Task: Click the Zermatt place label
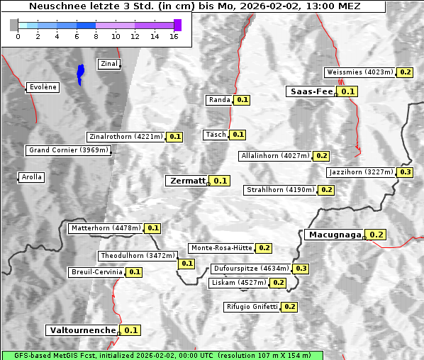pyautogui.click(x=187, y=181)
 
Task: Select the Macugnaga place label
pyautogui.click(x=334, y=235)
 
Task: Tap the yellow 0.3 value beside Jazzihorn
pyautogui.click(x=406, y=172)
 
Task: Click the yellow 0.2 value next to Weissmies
pyautogui.click(x=406, y=72)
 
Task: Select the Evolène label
pyautogui.click(x=43, y=87)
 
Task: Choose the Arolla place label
pyautogui.click(x=32, y=177)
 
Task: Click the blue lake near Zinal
pyautogui.click(x=80, y=72)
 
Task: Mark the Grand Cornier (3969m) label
pyautogui.click(x=69, y=150)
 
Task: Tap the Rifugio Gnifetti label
pyautogui.click(x=252, y=307)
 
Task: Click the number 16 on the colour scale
pyautogui.click(x=174, y=35)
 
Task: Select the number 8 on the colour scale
pyautogui.click(x=96, y=35)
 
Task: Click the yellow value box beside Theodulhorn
pyautogui.click(x=186, y=264)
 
